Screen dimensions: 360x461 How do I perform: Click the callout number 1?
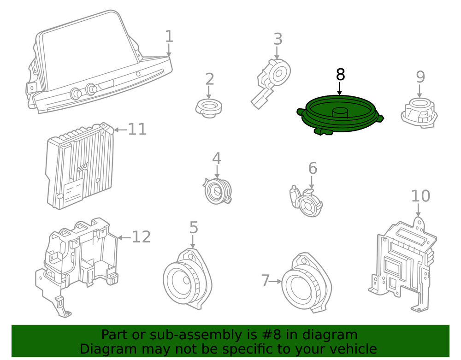[169, 36]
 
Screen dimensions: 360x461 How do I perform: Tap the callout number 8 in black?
[340, 74]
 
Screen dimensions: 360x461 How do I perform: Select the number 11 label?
[137, 130]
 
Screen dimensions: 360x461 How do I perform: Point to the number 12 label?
[141, 237]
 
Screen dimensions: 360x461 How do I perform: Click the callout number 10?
[420, 196]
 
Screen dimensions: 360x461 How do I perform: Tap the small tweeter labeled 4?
[217, 190]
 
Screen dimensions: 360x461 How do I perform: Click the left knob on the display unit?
[75, 94]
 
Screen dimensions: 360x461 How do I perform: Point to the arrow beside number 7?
[276, 281]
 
